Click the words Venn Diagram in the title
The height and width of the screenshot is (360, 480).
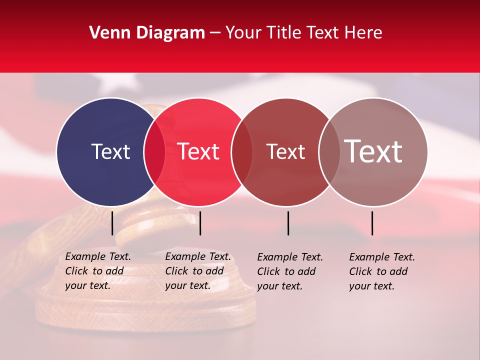147,33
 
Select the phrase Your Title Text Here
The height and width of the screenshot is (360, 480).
303,33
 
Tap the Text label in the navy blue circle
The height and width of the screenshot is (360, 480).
110,152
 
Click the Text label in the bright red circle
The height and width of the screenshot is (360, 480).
198,152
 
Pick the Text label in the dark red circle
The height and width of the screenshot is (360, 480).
285,152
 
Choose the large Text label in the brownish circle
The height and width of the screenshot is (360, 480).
373,151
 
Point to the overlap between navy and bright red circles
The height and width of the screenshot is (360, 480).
154,152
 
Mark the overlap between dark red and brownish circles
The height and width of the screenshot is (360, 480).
329,152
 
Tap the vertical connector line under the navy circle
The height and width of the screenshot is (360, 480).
112,223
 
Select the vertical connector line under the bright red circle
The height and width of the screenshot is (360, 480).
200,223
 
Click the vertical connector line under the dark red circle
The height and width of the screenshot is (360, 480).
288,223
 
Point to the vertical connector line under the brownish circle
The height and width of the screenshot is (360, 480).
372,223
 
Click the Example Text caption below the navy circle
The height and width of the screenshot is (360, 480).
97,271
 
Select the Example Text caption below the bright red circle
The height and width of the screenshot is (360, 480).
197,271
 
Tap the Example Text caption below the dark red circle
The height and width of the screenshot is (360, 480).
289,271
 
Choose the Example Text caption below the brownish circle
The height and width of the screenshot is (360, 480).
381,271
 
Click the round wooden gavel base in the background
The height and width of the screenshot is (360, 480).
145,305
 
